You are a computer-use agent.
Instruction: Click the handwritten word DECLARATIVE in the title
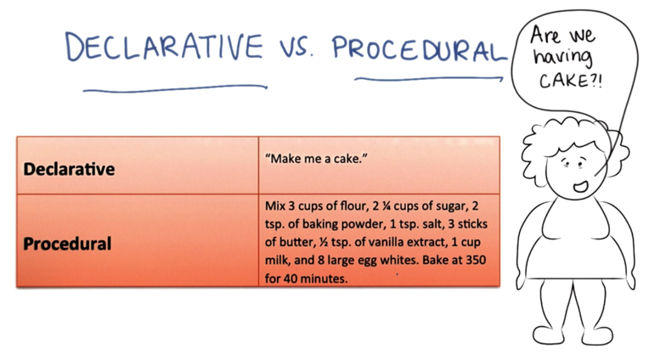tap(164, 47)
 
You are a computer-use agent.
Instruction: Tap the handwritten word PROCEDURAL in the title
tap(420, 48)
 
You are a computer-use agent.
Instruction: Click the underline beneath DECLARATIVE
tap(175, 88)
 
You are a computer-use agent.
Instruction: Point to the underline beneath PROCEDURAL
tap(429, 78)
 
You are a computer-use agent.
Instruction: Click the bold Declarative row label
tap(69, 169)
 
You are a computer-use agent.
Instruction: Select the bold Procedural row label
tap(67, 244)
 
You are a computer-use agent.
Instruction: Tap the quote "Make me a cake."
tap(316, 159)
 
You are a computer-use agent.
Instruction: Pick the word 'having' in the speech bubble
tap(563, 58)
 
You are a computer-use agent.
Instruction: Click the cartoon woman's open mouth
tap(581, 187)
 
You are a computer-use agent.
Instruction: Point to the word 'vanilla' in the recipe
tap(380, 242)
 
